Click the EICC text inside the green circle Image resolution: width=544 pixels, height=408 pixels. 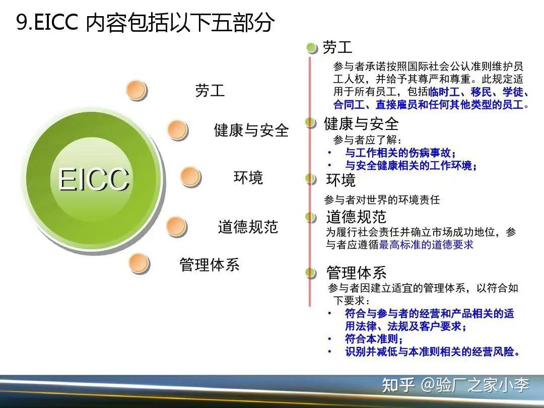pyautogui.click(x=94, y=179)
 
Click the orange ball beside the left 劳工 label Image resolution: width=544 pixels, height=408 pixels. pyautogui.click(x=137, y=91)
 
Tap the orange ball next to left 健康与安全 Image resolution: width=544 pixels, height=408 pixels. pyautogui.click(x=177, y=130)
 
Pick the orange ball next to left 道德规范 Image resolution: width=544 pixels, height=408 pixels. pyautogui.click(x=176, y=227)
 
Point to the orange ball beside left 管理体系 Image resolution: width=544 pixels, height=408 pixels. pyautogui.click(x=139, y=263)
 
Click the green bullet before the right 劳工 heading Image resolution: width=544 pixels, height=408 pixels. pyautogui.click(x=312, y=48)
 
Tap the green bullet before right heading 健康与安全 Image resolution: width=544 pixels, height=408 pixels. pyautogui.click(x=310, y=122)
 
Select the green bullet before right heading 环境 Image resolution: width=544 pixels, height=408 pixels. pyautogui.click(x=311, y=179)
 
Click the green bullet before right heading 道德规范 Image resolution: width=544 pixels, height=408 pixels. pyautogui.click(x=311, y=217)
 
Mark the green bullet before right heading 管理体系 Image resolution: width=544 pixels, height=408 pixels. pyautogui.click(x=311, y=273)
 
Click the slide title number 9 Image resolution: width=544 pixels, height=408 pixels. pyautogui.click(x=22, y=23)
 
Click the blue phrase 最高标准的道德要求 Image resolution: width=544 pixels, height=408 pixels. pyautogui.click(x=426, y=245)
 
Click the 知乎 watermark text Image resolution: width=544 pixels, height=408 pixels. pyautogui.click(x=398, y=385)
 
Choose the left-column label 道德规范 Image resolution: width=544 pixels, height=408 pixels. pyautogui.click(x=248, y=227)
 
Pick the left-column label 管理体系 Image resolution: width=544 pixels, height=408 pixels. pyautogui.click(x=210, y=264)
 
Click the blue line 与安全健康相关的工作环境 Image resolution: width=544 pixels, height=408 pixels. pyautogui.click(x=411, y=165)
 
